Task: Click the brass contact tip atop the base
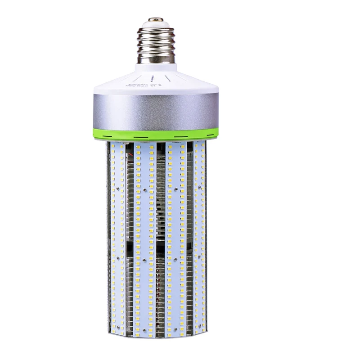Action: (x=156, y=20)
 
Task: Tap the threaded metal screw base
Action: (x=156, y=43)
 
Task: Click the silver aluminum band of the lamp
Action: (x=156, y=110)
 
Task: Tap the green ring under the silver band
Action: (x=156, y=134)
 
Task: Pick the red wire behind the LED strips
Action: (x=131, y=153)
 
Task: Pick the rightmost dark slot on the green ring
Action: (x=208, y=134)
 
